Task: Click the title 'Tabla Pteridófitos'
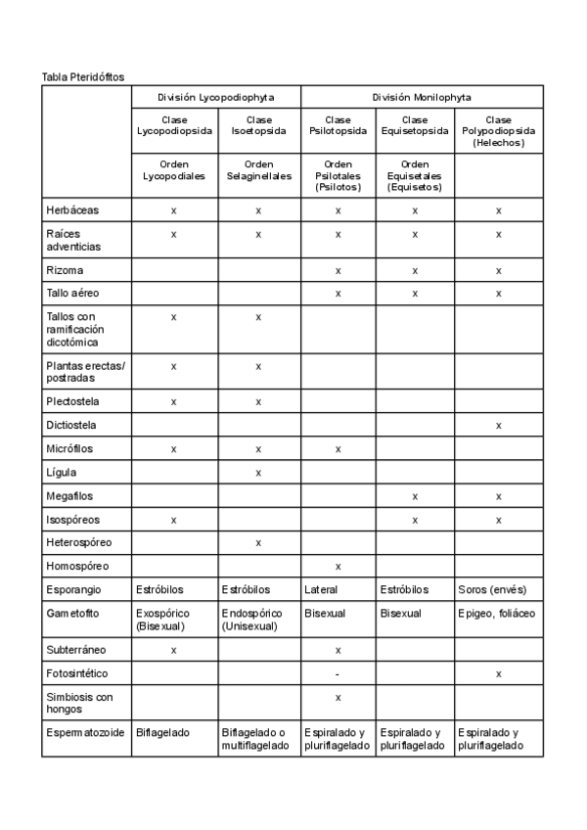[83, 76]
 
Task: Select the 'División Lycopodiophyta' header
[216, 98]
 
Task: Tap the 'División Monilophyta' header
[422, 98]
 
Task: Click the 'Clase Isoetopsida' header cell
[259, 125]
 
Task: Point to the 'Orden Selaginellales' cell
[259, 170]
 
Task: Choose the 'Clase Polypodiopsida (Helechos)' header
[499, 131]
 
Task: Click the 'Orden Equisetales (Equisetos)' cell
[415, 175]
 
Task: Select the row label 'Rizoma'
[65, 270]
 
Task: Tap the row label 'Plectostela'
[72, 401]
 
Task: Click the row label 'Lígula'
[61, 473]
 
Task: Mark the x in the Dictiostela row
[499, 426]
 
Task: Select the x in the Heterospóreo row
[259, 543]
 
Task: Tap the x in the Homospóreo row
[338, 567]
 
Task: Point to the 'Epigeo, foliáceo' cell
[498, 614]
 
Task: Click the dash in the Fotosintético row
[338, 674]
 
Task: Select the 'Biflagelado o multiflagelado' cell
[255, 739]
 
